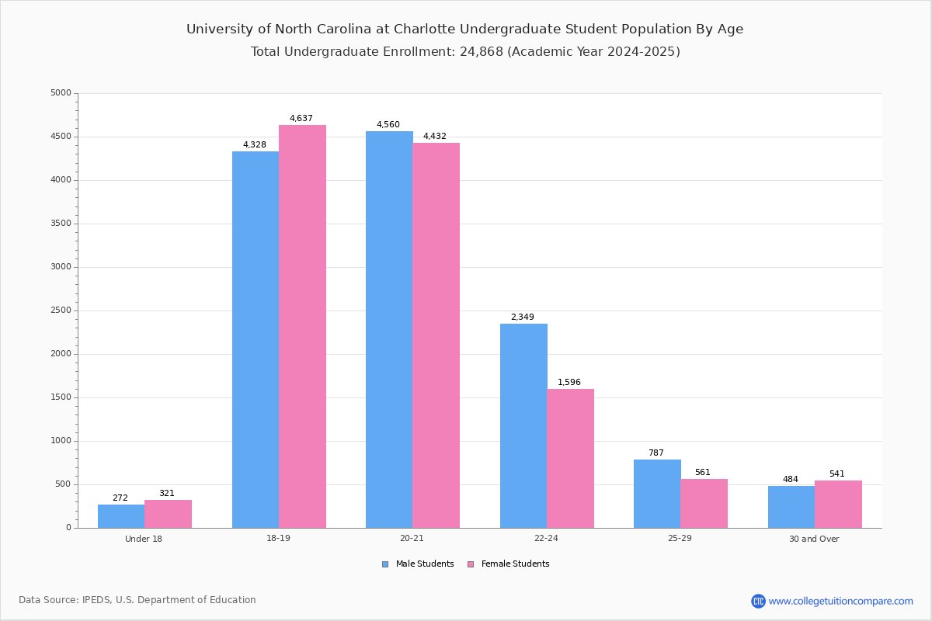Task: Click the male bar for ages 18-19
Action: click(255, 339)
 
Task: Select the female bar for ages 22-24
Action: click(570, 458)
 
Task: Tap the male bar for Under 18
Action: click(121, 516)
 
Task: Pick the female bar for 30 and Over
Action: click(838, 504)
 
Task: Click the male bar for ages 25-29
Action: click(657, 494)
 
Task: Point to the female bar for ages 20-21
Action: click(436, 335)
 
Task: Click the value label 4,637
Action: click(301, 119)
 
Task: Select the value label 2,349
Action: click(523, 317)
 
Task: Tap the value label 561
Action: click(703, 473)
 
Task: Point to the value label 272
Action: click(120, 498)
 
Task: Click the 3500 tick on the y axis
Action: click(61, 224)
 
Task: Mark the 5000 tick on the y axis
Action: click(61, 93)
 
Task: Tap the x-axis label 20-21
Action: click(412, 539)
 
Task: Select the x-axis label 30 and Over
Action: click(814, 539)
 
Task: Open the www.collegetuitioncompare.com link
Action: click(840, 601)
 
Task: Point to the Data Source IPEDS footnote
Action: click(137, 600)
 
